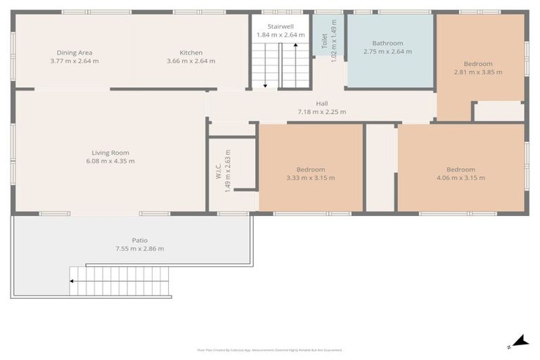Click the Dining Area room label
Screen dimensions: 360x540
[x=75, y=53]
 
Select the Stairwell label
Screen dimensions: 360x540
[x=280, y=26]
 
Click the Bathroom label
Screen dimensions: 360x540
[x=388, y=43]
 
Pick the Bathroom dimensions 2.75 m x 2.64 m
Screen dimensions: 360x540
[x=388, y=51]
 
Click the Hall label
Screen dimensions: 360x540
[x=321, y=103]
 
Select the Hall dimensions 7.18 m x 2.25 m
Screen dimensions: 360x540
[x=321, y=112]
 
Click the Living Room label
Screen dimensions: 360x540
[x=110, y=153]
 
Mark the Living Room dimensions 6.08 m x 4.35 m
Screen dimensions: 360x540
[x=110, y=161]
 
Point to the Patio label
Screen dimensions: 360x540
[x=139, y=240]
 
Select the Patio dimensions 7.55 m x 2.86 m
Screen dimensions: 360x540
[x=139, y=249]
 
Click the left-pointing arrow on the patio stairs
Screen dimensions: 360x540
[x=72, y=281]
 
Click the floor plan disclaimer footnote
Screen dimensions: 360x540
[x=269, y=349]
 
